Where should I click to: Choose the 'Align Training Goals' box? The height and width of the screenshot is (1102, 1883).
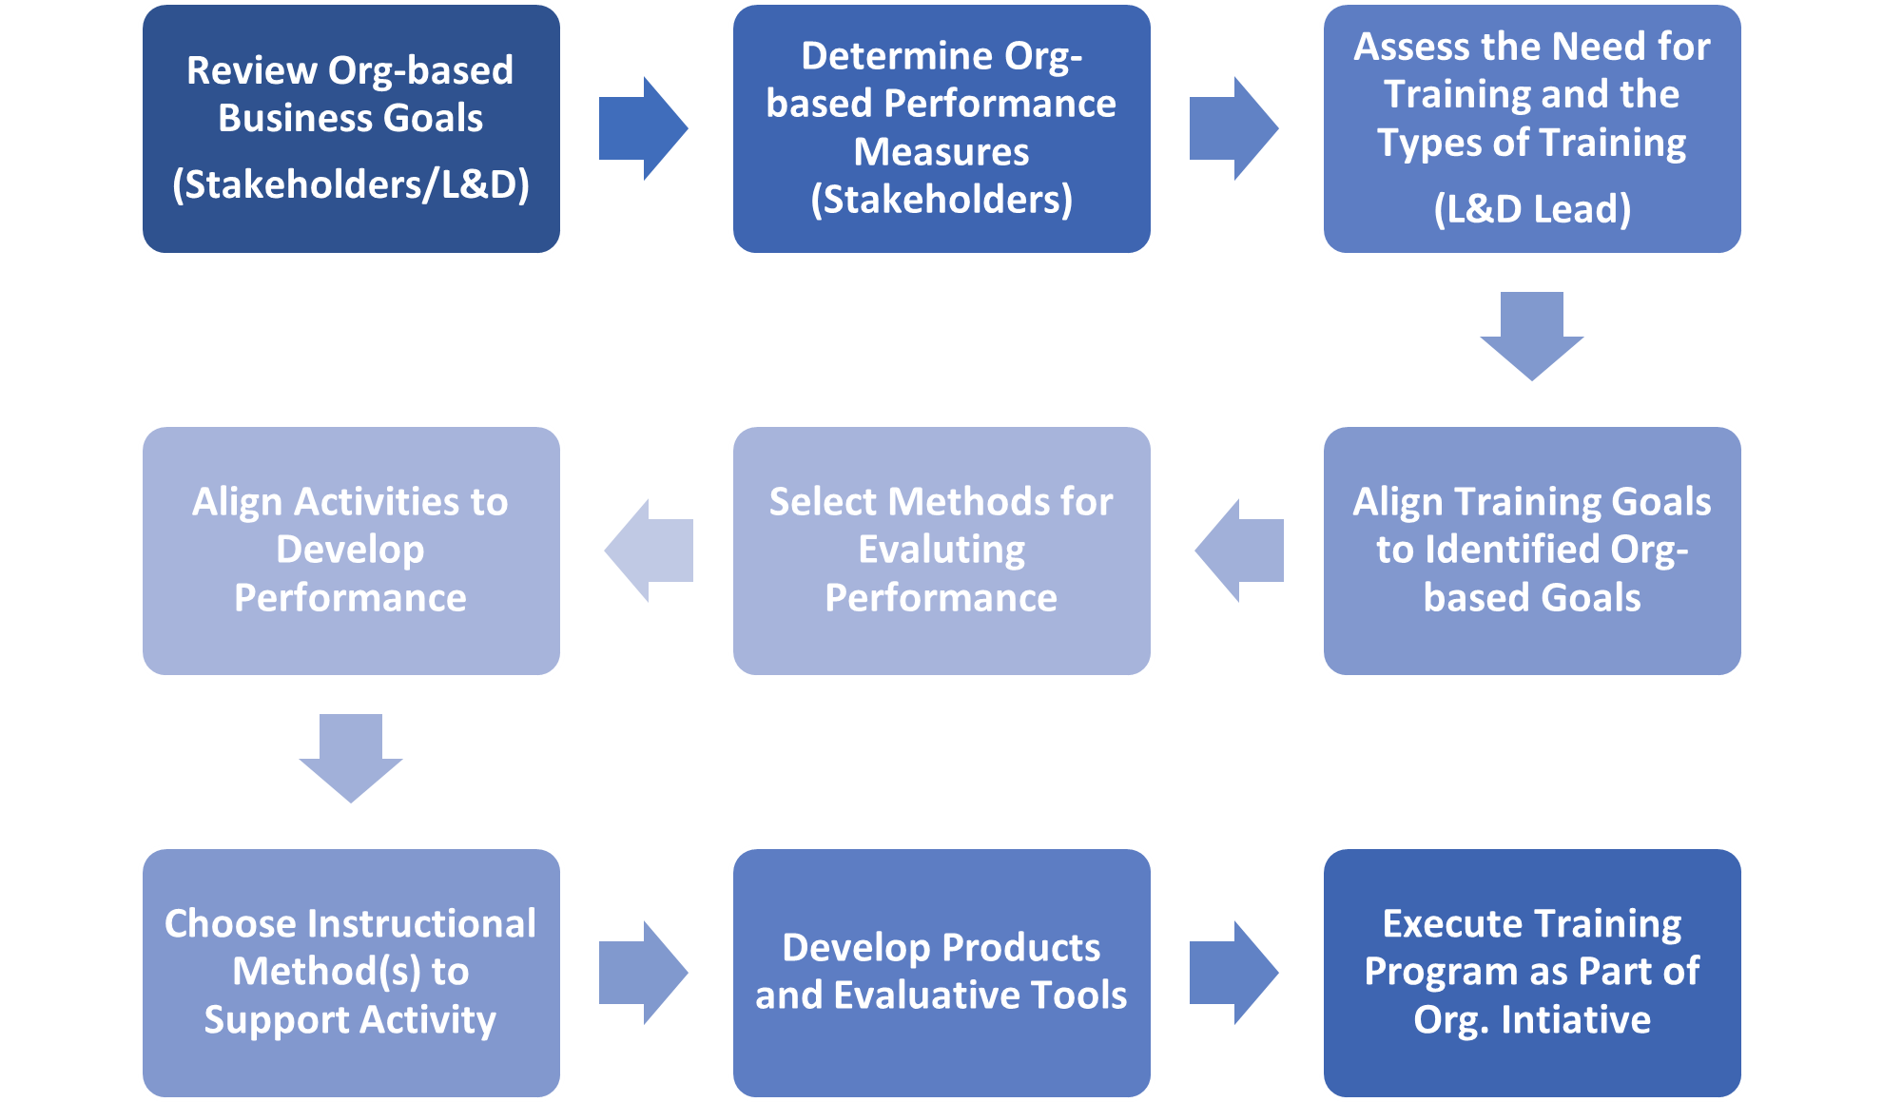(x=1532, y=551)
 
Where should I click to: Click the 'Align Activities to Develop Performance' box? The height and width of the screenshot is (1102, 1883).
(x=351, y=551)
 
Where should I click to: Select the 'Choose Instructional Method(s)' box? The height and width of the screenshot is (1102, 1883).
(x=351, y=972)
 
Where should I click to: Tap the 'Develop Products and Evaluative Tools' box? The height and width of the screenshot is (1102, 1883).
(x=941, y=972)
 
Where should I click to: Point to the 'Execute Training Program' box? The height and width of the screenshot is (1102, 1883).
(x=1532, y=972)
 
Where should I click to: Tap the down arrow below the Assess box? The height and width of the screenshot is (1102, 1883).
(x=1532, y=336)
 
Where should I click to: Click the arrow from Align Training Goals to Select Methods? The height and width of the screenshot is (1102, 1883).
(x=1239, y=551)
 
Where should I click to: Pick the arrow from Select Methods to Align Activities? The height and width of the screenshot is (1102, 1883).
(x=649, y=551)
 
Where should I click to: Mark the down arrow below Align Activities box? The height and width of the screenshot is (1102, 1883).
(x=351, y=758)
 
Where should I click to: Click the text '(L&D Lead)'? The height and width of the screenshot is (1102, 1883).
(x=1532, y=209)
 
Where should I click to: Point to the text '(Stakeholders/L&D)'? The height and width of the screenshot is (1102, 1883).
(x=351, y=184)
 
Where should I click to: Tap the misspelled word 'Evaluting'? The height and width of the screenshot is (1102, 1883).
(x=941, y=550)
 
